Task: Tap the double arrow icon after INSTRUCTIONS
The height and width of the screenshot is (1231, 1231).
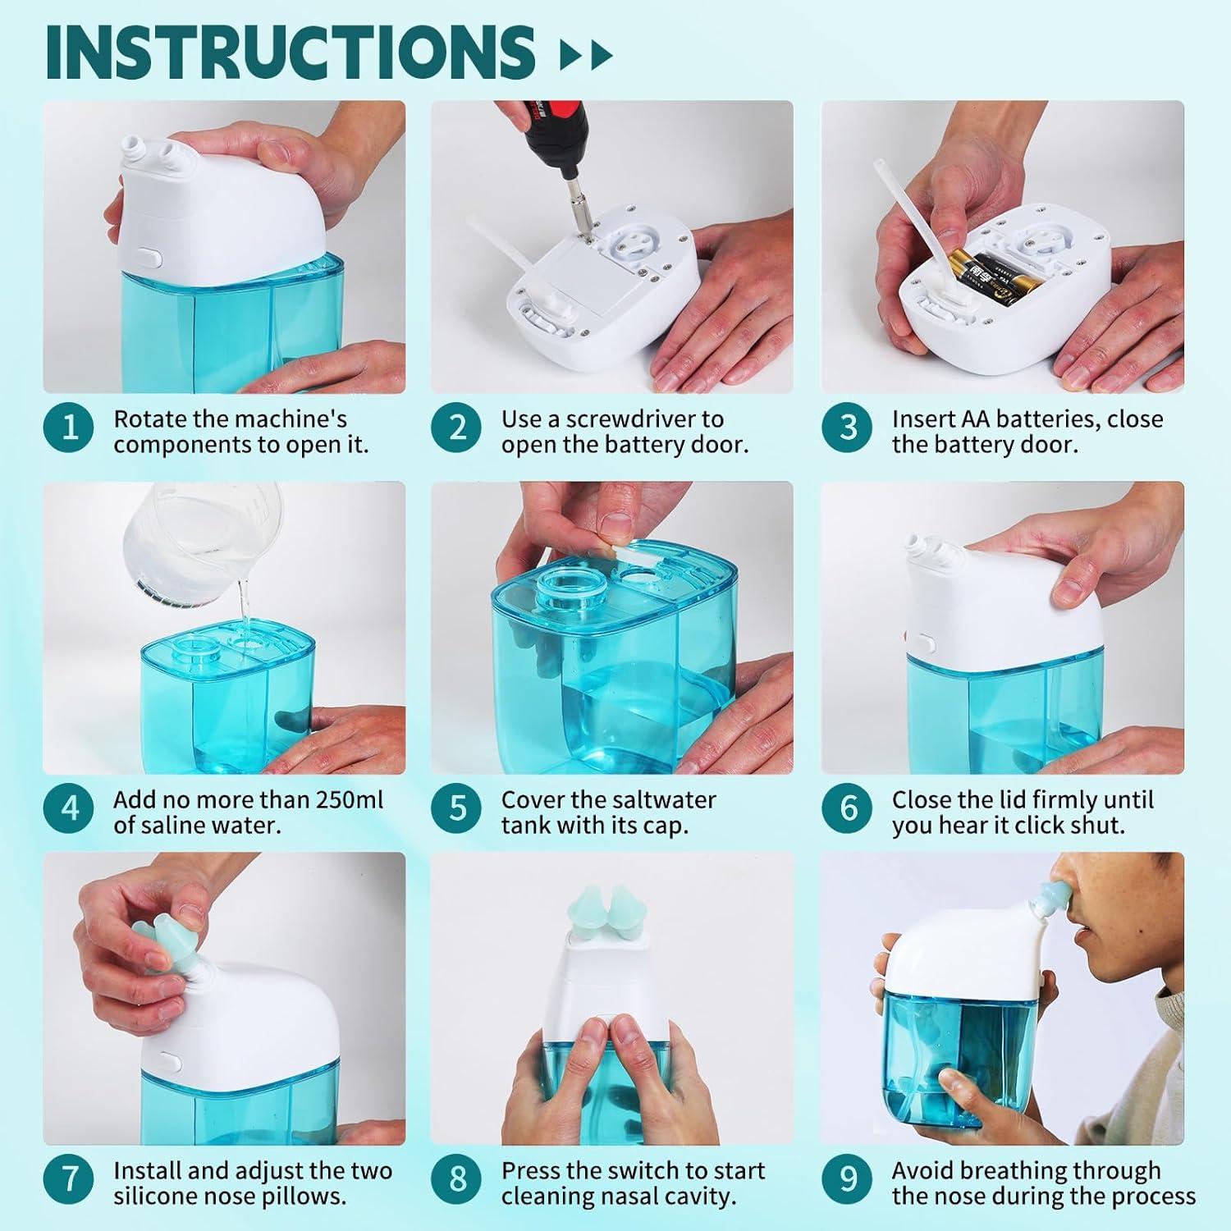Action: [585, 56]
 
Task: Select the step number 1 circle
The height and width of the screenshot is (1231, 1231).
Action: [70, 427]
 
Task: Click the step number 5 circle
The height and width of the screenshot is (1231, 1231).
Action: [458, 808]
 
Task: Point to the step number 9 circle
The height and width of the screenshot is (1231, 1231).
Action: [849, 1178]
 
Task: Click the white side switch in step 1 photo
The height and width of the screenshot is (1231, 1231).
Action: [151, 259]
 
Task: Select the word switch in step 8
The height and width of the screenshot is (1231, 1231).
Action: [641, 1170]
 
